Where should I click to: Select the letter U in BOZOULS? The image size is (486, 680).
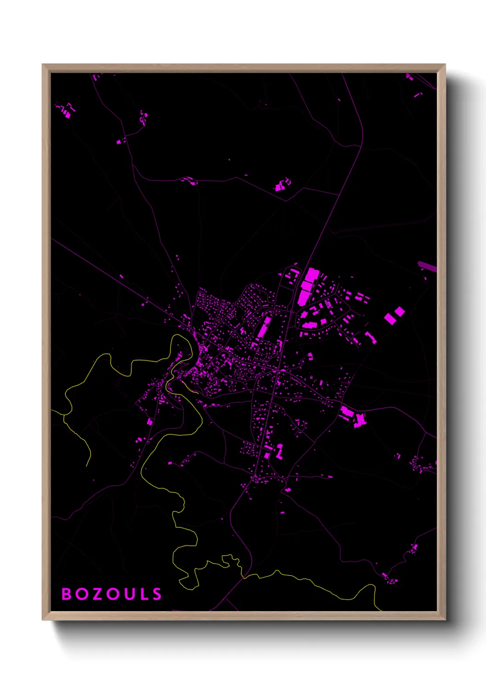(128, 594)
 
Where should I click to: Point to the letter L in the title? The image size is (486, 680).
(143, 594)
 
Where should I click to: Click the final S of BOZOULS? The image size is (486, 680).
(157, 594)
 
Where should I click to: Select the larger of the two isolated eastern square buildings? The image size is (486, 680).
(390, 318)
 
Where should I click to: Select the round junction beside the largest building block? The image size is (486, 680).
(293, 311)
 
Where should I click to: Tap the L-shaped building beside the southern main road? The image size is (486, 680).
(279, 451)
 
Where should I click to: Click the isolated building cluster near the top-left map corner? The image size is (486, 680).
(66, 110)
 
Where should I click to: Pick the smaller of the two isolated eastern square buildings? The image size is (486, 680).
(400, 312)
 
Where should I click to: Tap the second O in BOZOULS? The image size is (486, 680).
(112, 594)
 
